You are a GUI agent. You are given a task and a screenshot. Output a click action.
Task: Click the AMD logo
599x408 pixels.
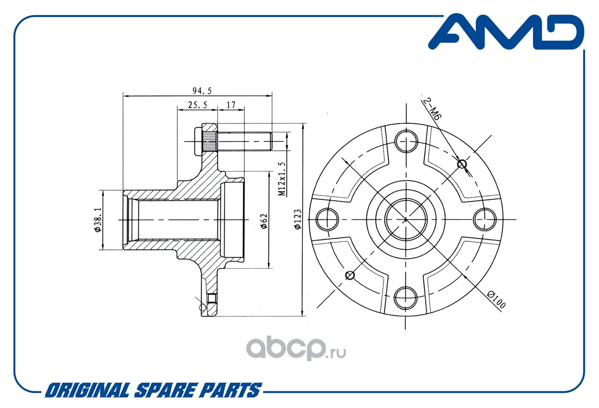506,32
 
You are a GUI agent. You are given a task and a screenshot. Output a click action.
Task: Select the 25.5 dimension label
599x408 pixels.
197,105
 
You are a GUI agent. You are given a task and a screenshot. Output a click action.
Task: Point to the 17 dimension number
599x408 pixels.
231,105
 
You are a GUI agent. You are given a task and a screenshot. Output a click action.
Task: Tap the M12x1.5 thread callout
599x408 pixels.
282,179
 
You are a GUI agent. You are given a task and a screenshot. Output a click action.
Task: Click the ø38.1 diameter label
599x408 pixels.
97,220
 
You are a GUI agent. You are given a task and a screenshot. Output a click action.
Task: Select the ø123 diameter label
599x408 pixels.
298,219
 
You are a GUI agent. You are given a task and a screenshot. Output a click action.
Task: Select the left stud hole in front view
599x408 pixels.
328,219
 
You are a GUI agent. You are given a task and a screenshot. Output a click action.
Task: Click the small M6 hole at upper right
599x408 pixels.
462,164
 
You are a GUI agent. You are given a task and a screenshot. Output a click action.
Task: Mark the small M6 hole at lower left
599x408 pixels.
349,275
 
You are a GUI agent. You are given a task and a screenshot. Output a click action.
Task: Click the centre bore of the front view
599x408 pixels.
405,219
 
